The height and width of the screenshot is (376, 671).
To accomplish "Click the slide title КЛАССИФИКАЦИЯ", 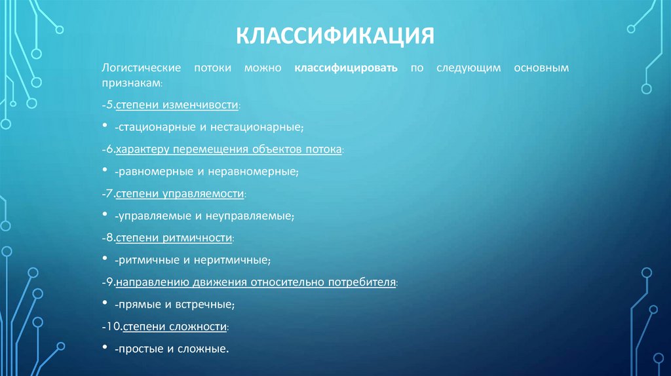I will pyautogui.click(x=335, y=35).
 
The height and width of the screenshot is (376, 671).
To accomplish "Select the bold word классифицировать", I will pyautogui.click(x=345, y=67).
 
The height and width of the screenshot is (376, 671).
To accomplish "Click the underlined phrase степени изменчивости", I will pyautogui.click(x=177, y=105).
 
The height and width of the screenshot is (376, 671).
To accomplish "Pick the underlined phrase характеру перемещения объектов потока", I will pyautogui.click(x=229, y=149).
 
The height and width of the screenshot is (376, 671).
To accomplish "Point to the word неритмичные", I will pyautogui.click(x=237, y=260).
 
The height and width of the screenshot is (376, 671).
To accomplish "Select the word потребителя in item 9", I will pyautogui.click(x=364, y=282).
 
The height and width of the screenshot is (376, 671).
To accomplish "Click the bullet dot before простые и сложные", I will pyautogui.click(x=105, y=348).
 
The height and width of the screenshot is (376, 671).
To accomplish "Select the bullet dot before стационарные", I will pyautogui.click(x=105, y=126).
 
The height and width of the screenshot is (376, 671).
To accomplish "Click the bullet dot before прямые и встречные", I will pyautogui.click(x=105, y=304).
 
